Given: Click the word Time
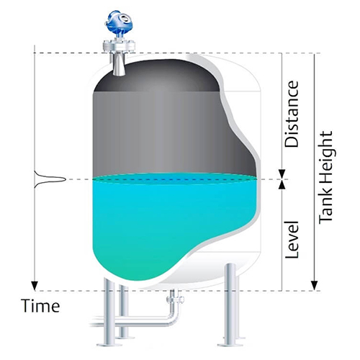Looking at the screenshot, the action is [x=40, y=305].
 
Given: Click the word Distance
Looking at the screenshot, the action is [x=292, y=114].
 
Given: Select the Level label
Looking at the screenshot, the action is [x=292, y=239].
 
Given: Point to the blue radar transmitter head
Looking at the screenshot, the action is [x=119, y=23].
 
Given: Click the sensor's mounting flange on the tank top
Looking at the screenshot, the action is [x=119, y=47].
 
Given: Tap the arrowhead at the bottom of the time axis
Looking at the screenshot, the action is [x=35, y=286].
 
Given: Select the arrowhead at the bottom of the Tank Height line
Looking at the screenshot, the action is [x=314, y=286].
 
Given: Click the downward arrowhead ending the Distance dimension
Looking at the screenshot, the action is [x=282, y=174].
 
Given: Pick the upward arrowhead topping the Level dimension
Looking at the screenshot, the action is [x=282, y=184].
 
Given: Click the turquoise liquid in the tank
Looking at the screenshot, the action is [x=168, y=221].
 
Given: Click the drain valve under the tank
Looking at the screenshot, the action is [x=175, y=300].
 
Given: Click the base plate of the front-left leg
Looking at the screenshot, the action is [x=109, y=345].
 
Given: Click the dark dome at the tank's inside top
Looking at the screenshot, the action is [x=157, y=76].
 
